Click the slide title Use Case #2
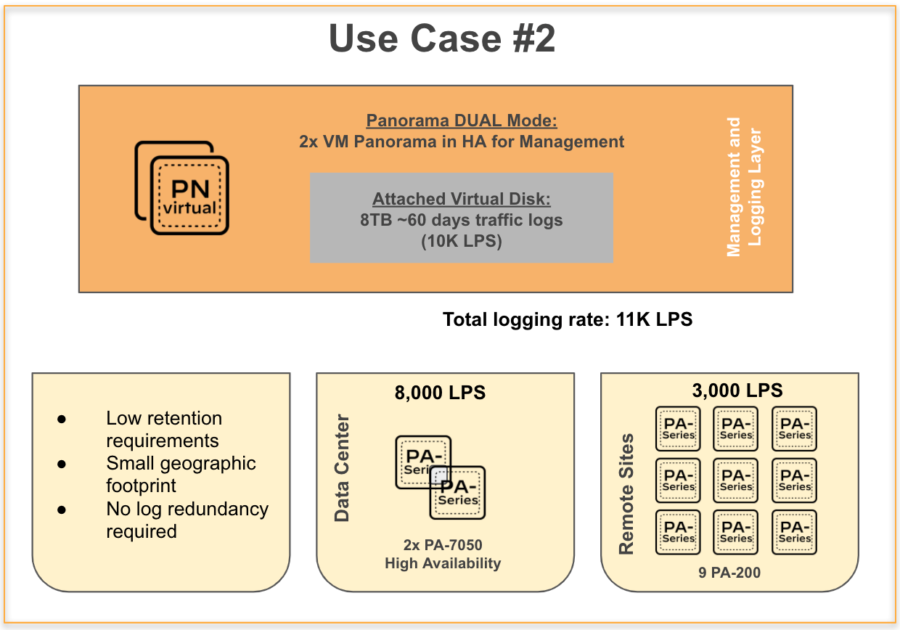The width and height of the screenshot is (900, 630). click(442, 38)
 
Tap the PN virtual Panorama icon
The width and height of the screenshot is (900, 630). click(183, 189)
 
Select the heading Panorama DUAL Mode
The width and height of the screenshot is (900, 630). click(462, 120)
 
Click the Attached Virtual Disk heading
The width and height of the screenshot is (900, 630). click(462, 199)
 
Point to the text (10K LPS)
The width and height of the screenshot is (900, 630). click(462, 241)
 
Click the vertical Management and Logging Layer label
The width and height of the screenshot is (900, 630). click(744, 187)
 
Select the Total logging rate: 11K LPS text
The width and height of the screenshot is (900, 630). click(568, 319)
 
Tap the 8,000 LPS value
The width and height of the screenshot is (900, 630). click(440, 393)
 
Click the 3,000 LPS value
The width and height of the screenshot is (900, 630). click(738, 390)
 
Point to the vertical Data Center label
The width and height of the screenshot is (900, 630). click(342, 468)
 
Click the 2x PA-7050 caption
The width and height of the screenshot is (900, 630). click(443, 544)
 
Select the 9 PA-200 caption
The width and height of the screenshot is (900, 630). click(729, 573)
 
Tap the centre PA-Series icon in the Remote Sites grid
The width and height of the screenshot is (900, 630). click(736, 480)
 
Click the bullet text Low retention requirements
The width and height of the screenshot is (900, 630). click(164, 429)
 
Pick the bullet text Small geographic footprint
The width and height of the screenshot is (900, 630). click(181, 474)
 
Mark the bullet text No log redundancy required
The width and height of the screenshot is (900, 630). click(187, 520)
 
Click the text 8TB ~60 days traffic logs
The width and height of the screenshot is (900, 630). click(462, 220)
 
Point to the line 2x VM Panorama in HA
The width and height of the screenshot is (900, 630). click(462, 142)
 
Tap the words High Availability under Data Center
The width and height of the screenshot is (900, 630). click(443, 563)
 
